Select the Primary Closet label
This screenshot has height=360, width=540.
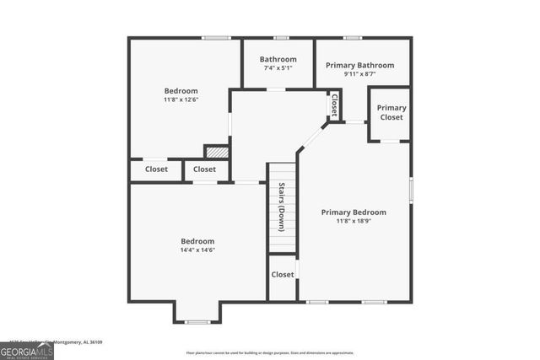coord(391,112)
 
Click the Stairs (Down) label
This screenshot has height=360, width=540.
coord(282,207)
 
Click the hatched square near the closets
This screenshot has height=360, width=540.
coord(217,153)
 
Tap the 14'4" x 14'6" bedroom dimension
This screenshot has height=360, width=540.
coord(197,250)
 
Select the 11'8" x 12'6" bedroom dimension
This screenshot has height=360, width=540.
coord(181,100)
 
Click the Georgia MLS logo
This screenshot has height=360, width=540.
coord(27,348)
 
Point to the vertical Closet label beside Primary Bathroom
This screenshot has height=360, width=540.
coord(334,105)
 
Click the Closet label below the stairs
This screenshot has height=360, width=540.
coord(283,275)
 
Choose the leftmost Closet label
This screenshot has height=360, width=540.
coord(156,169)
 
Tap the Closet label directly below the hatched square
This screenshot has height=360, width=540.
coord(204,169)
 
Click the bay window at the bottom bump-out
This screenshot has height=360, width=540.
coord(197,322)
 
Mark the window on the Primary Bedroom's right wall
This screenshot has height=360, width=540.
coord(411,189)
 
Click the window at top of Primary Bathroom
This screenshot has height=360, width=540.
coord(353,38)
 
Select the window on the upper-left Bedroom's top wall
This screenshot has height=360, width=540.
coord(216,38)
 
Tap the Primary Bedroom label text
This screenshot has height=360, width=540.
coord(354,212)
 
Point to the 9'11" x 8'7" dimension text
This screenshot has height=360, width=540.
coord(359,74)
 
